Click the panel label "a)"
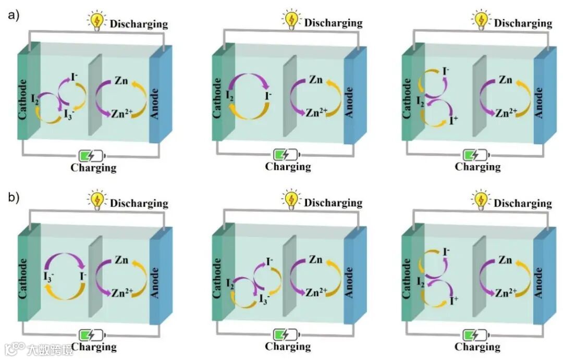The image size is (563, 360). coord(14,15)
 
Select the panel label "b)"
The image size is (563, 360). coord(14,198)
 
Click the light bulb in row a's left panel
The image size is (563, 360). coord(96,20)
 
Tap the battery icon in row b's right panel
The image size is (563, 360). coord(475,334)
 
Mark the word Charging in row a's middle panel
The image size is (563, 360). coord(288,167)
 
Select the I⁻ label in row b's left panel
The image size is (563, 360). coord(83,273)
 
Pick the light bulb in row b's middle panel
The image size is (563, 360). coord(291,200)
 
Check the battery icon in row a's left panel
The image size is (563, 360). coord(92,155)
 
